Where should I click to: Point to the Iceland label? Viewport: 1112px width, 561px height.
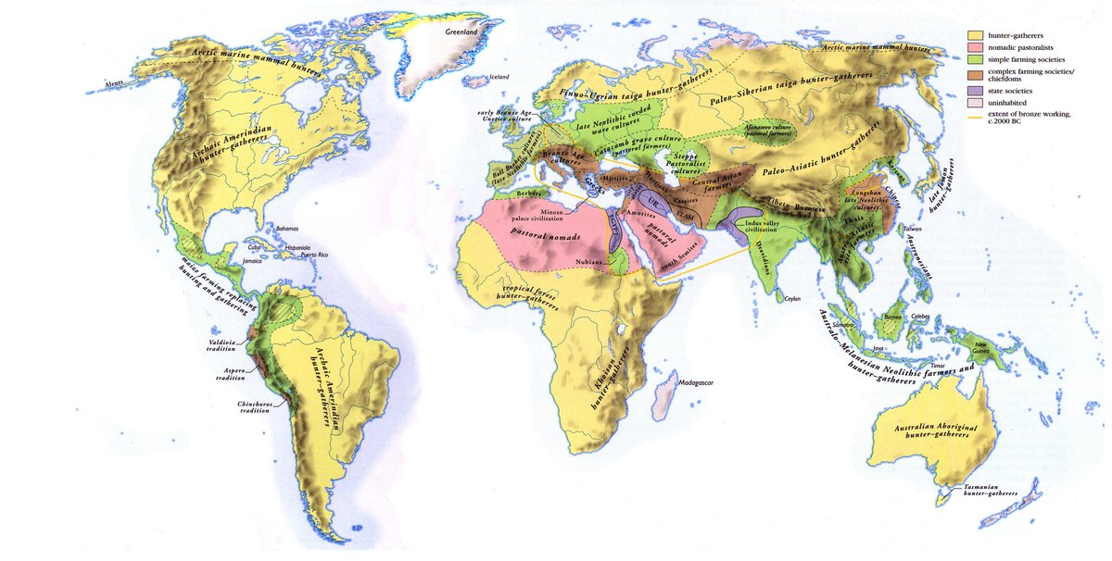click(499, 77)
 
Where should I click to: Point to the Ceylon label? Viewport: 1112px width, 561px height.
click(792, 299)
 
